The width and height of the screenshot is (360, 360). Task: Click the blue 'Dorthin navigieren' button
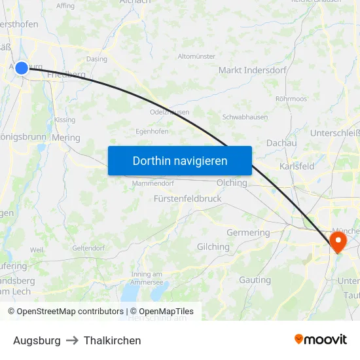(180, 160)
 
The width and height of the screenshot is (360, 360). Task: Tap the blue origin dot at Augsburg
(22, 67)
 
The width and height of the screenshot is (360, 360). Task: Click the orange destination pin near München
(338, 242)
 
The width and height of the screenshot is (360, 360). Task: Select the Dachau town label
(281, 143)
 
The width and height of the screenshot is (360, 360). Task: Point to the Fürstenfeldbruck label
(187, 198)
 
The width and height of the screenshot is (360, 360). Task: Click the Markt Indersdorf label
(252, 70)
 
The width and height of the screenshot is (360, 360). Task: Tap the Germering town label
(248, 232)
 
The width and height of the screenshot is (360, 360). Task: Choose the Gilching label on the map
(213, 247)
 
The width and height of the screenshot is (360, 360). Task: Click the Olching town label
(232, 183)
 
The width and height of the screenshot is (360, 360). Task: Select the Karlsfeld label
(297, 166)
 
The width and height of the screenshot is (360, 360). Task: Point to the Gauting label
(255, 279)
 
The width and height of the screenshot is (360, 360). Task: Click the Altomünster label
(196, 56)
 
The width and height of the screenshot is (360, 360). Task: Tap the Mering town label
(65, 138)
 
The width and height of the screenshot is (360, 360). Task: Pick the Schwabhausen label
(245, 117)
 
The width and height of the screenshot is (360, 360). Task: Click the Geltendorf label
(88, 248)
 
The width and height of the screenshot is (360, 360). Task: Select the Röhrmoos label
(291, 99)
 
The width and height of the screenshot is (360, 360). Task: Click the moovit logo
(320, 339)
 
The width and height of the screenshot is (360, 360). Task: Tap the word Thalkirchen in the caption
(112, 340)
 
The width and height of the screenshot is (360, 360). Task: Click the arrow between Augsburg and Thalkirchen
(72, 340)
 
